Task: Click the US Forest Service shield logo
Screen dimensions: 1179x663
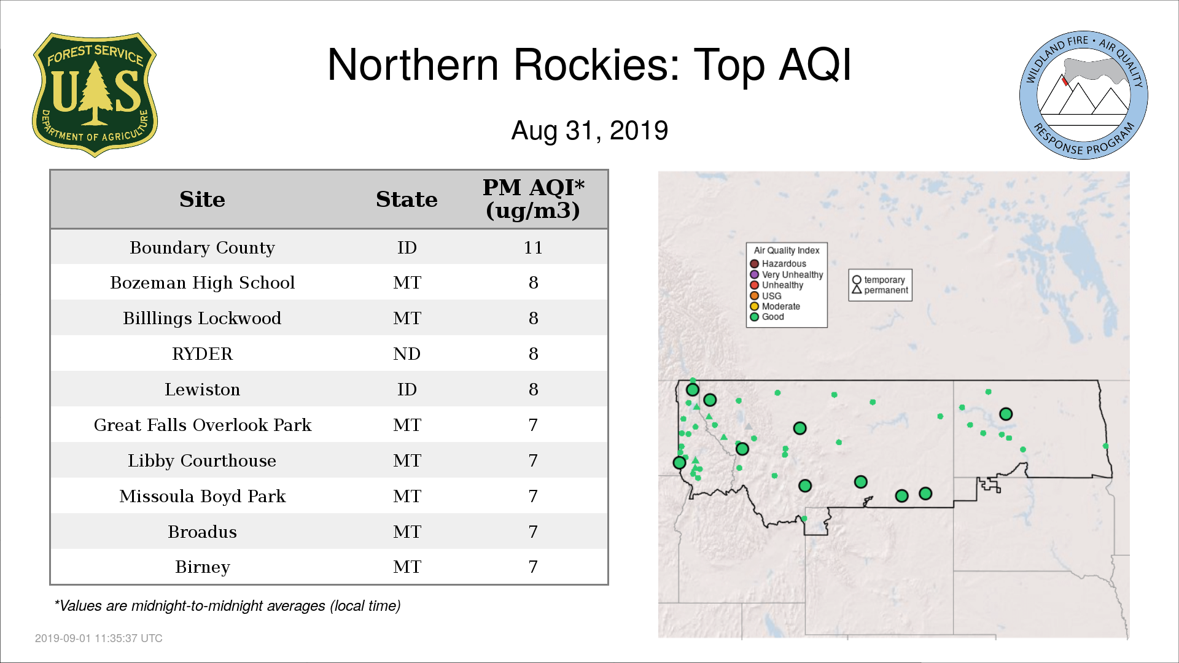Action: click(95, 95)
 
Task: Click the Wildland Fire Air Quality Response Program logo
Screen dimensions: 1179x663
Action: click(1084, 95)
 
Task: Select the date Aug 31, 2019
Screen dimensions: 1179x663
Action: click(589, 131)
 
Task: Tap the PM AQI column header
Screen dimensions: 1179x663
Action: click(533, 199)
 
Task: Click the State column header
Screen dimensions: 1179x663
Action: click(407, 200)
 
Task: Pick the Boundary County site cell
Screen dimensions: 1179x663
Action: click(202, 247)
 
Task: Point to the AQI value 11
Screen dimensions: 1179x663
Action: click(533, 247)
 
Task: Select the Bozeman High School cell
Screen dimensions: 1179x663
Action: click(202, 283)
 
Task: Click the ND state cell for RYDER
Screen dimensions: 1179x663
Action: click(407, 354)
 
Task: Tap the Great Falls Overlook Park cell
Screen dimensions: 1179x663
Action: click(202, 425)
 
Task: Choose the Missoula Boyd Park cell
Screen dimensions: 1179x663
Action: click(202, 496)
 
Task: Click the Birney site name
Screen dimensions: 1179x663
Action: click(202, 567)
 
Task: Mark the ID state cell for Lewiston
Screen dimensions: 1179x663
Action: click(407, 390)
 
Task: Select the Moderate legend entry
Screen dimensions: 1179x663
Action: click(775, 306)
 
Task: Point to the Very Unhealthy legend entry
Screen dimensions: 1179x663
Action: click(787, 274)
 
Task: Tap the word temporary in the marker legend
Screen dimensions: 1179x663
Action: click(884, 280)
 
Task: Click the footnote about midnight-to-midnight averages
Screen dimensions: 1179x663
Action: click(227, 606)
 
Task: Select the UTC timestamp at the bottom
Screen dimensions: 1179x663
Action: click(99, 638)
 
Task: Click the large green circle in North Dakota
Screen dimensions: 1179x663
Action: click(1006, 414)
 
